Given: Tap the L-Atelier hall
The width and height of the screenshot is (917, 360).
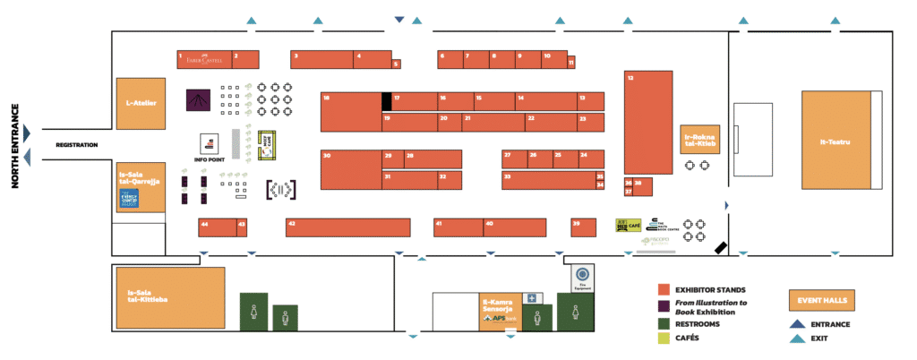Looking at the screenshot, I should [141, 103].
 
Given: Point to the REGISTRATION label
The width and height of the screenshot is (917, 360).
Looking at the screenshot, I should [76, 144].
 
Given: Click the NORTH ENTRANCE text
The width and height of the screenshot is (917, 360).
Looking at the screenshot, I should [15, 146].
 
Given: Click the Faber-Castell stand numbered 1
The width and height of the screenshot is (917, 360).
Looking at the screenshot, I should [203, 60].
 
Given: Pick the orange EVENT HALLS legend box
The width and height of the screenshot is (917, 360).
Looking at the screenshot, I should [819, 301].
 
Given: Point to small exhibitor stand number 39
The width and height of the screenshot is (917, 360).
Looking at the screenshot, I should [583, 227].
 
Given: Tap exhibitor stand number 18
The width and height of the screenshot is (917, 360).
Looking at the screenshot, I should [350, 112].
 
